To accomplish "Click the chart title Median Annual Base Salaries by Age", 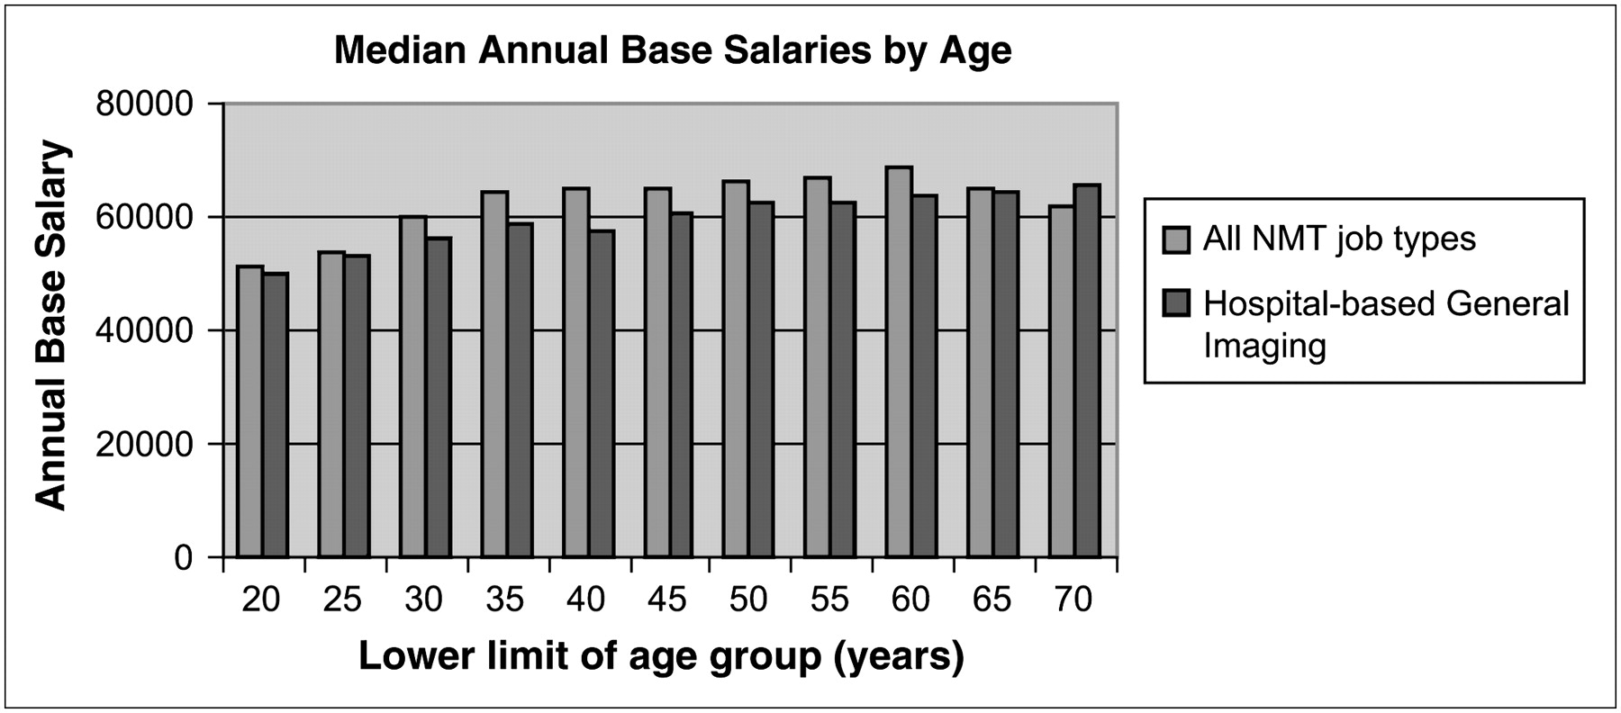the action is pos(673,50).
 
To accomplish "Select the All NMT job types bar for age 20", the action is pos(249,412).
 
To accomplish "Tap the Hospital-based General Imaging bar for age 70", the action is pos(1087,371).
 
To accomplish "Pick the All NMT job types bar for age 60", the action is pos(899,362).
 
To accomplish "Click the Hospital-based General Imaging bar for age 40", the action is pos(602,394).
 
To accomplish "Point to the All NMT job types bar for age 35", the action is pos(494,375).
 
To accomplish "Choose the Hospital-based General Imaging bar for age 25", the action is pos(357,407).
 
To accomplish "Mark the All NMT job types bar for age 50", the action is pos(736,369).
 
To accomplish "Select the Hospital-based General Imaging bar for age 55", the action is pos(843,380).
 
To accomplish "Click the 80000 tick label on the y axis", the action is pos(144,104).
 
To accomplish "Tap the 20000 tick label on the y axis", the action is pos(144,445).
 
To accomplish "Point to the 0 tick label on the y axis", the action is pos(184,558).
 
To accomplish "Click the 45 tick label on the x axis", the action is pos(667,600).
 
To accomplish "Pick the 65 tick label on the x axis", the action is pos(992,600).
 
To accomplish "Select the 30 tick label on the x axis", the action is pos(423,600).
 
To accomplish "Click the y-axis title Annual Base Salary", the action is pos(51,326).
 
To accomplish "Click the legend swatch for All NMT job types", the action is pos(1176,239).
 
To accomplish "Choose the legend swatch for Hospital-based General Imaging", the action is pos(1176,303).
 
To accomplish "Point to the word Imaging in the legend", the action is pos(1264,347).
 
